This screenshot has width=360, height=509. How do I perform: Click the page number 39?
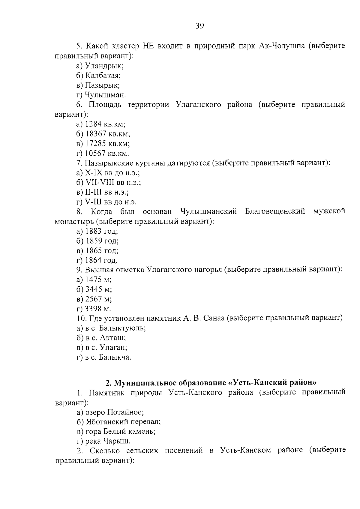pyautogui.click(x=200, y=26)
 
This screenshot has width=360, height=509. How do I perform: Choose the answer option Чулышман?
pyautogui.click(x=105, y=95)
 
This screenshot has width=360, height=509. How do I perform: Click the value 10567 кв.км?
pyautogui.click(x=107, y=154)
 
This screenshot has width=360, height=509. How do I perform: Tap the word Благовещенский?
pyautogui.click(x=275, y=212)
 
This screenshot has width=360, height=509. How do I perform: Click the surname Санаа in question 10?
pyautogui.click(x=213, y=318)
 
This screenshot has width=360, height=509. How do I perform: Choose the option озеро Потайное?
pyautogui.click(x=114, y=412)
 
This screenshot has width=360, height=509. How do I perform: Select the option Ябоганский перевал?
pyautogui.click(x=123, y=422)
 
